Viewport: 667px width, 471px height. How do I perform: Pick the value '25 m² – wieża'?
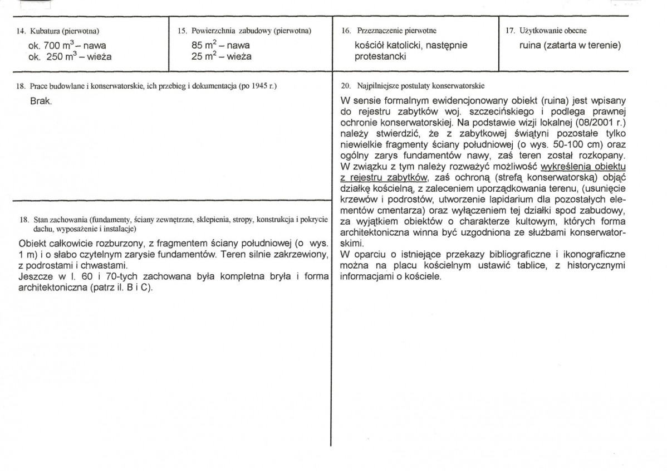pos(221,56)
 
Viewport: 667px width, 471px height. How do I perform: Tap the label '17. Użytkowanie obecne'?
pos(546,31)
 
